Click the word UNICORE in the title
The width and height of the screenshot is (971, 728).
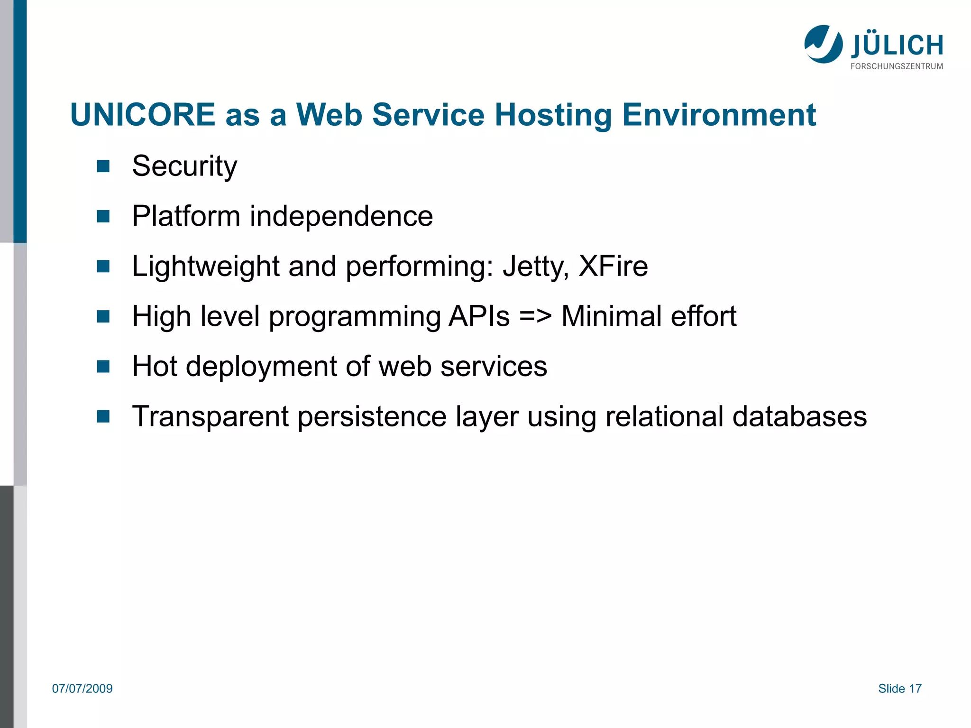coord(143,115)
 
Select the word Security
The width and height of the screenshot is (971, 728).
coord(184,166)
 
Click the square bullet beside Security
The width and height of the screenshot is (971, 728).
coord(103,166)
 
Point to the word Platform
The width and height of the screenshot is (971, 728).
coord(186,216)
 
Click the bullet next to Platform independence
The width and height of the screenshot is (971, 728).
coord(103,216)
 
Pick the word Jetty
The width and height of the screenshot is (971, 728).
coord(535,267)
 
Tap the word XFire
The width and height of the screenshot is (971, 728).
coord(613,266)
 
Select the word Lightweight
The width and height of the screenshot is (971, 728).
coord(205,267)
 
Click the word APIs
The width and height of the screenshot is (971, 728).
coord(479,316)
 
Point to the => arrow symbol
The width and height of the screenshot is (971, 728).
coord(535,316)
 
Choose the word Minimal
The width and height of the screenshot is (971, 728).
coord(611,316)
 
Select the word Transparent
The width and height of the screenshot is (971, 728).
coord(210,417)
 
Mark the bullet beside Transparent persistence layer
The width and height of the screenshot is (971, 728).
coord(103,416)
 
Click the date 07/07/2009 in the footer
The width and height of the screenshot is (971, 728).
coord(82,689)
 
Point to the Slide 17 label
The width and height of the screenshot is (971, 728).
coord(899,689)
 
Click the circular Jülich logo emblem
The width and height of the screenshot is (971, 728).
coord(823,44)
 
